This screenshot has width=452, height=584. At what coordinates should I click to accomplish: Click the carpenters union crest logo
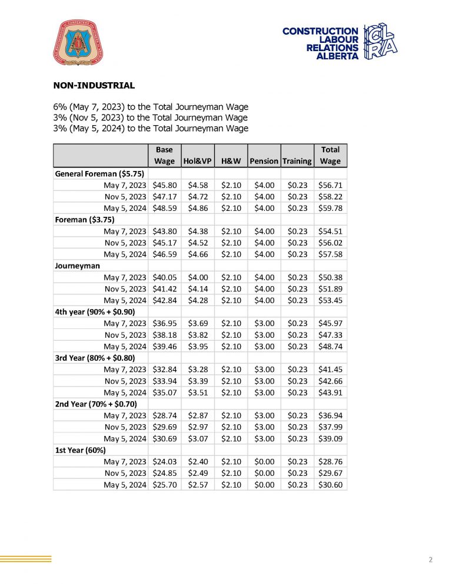[x=82, y=42]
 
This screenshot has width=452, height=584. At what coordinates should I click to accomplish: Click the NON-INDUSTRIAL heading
[x=94, y=85]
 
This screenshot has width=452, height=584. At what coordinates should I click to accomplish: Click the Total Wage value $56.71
[x=330, y=185]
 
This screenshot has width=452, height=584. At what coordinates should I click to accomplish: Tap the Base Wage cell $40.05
[x=164, y=277]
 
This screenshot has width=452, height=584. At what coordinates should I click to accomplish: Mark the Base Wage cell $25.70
[x=164, y=485]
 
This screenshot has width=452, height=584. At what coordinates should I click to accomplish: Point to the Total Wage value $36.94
[x=330, y=416]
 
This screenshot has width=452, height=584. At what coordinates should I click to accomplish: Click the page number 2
[x=430, y=559]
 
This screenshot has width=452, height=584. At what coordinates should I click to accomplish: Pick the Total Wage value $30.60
[x=330, y=485]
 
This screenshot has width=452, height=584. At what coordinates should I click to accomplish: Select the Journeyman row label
[x=77, y=266]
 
